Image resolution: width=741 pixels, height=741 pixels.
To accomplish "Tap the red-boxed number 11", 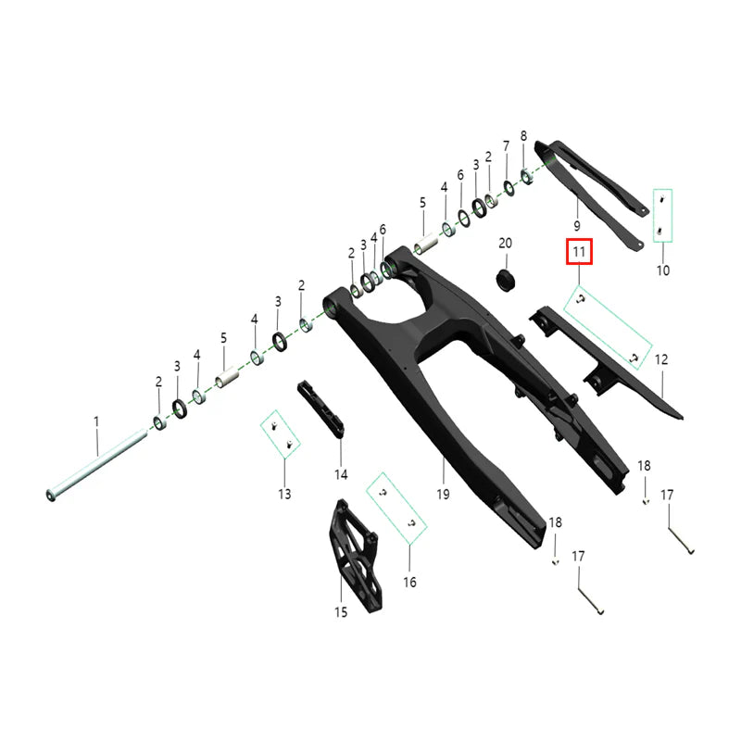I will (579, 251).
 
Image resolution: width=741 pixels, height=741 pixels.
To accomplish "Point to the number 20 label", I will (505, 244).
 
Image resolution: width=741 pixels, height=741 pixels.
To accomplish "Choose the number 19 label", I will (443, 495).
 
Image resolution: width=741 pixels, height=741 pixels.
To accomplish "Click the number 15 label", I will (340, 611).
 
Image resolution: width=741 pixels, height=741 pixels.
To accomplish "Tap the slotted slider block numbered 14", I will (320, 410).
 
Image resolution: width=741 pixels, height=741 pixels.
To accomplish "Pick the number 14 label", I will (341, 474).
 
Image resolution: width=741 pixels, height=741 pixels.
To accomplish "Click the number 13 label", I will (283, 494).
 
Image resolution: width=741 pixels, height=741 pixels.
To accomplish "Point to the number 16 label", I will (409, 583).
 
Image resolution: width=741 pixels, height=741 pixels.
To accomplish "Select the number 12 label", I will (661, 358).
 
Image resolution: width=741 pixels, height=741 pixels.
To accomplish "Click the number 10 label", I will (662, 271).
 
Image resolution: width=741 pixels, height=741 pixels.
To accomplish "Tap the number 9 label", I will (576, 226).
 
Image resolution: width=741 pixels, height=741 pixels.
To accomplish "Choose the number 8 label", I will (523, 136).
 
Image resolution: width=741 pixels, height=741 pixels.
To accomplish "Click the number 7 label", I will (506, 146).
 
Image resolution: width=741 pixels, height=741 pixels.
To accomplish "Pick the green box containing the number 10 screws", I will (662, 215).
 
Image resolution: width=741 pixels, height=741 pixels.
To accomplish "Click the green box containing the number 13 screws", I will (280, 435).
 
